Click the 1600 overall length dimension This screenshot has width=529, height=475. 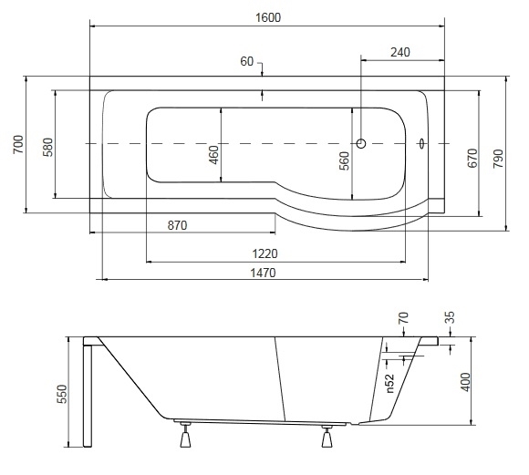(x=268, y=17)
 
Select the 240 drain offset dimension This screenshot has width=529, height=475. (x=400, y=52)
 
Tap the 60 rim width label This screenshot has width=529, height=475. (x=246, y=61)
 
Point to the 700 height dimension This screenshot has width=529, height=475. (x=18, y=144)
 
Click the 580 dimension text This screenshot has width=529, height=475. (x=48, y=147)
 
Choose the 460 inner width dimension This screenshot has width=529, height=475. (x=214, y=155)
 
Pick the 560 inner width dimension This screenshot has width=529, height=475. (x=344, y=161)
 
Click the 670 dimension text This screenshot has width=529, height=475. (x=473, y=158)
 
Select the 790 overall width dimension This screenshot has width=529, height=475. (x=498, y=159)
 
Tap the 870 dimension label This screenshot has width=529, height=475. (x=177, y=225)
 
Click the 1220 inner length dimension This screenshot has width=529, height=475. (x=264, y=253)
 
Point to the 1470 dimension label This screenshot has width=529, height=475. (x=263, y=273)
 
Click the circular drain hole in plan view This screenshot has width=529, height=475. (x=361, y=144)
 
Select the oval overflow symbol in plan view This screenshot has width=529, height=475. (x=421, y=144)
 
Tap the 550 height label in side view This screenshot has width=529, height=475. (x=62, y=394)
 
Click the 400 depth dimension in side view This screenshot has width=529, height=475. (x=465, y=382)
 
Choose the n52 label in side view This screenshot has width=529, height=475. (x=389, y=383)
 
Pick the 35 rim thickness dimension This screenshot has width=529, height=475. (x=450, y=317)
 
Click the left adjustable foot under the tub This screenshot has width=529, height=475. (x=185, y=435)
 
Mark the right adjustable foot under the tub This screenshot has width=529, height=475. (x=327, y=436)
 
